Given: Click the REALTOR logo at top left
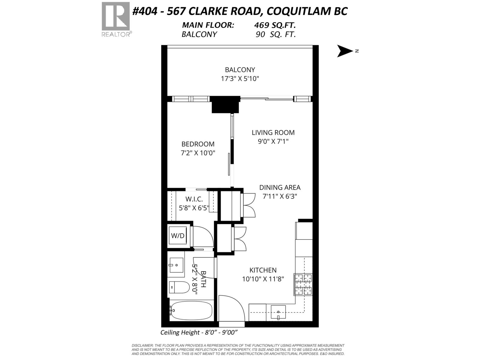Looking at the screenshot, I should coord(116,19).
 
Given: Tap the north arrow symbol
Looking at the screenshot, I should coord(345,51).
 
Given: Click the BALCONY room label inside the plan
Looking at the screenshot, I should coord(240,70).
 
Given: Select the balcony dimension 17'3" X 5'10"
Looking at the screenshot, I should coord(240,79).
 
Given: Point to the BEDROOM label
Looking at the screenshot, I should coord(198,144).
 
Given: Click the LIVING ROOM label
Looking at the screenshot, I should coord(273,132).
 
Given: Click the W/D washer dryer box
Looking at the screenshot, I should coord(178,236).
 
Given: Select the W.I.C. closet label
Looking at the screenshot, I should coord(194,199).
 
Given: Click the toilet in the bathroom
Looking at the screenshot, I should coord(179,287).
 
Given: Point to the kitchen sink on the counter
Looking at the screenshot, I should coord(278,312).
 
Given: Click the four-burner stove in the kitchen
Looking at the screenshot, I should coord(303,284).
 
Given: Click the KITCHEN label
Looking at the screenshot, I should coord(263,270).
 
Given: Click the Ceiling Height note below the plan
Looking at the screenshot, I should coord(199,332).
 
